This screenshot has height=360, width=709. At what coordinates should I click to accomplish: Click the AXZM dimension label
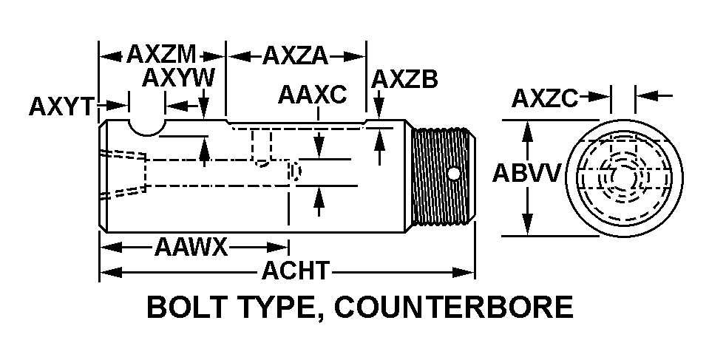pos(161,55)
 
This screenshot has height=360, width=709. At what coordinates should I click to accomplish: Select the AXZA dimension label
pos(295,55)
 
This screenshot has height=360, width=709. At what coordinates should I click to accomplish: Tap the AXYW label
pos(178,78)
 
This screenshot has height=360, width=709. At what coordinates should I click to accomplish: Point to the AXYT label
pos(63,106)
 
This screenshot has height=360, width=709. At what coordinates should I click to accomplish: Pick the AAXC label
pos(312,95)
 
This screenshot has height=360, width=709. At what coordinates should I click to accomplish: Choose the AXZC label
pos(545,98)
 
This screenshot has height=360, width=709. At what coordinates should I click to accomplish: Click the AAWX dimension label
pos(191,247)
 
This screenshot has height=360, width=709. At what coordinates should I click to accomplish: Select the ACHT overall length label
pos(296,271)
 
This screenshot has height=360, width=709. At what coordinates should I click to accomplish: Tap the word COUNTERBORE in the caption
pos(453,307)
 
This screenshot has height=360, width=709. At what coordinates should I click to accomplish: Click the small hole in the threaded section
pos(453,173)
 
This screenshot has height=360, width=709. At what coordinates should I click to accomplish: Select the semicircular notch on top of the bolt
pos(147,129)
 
